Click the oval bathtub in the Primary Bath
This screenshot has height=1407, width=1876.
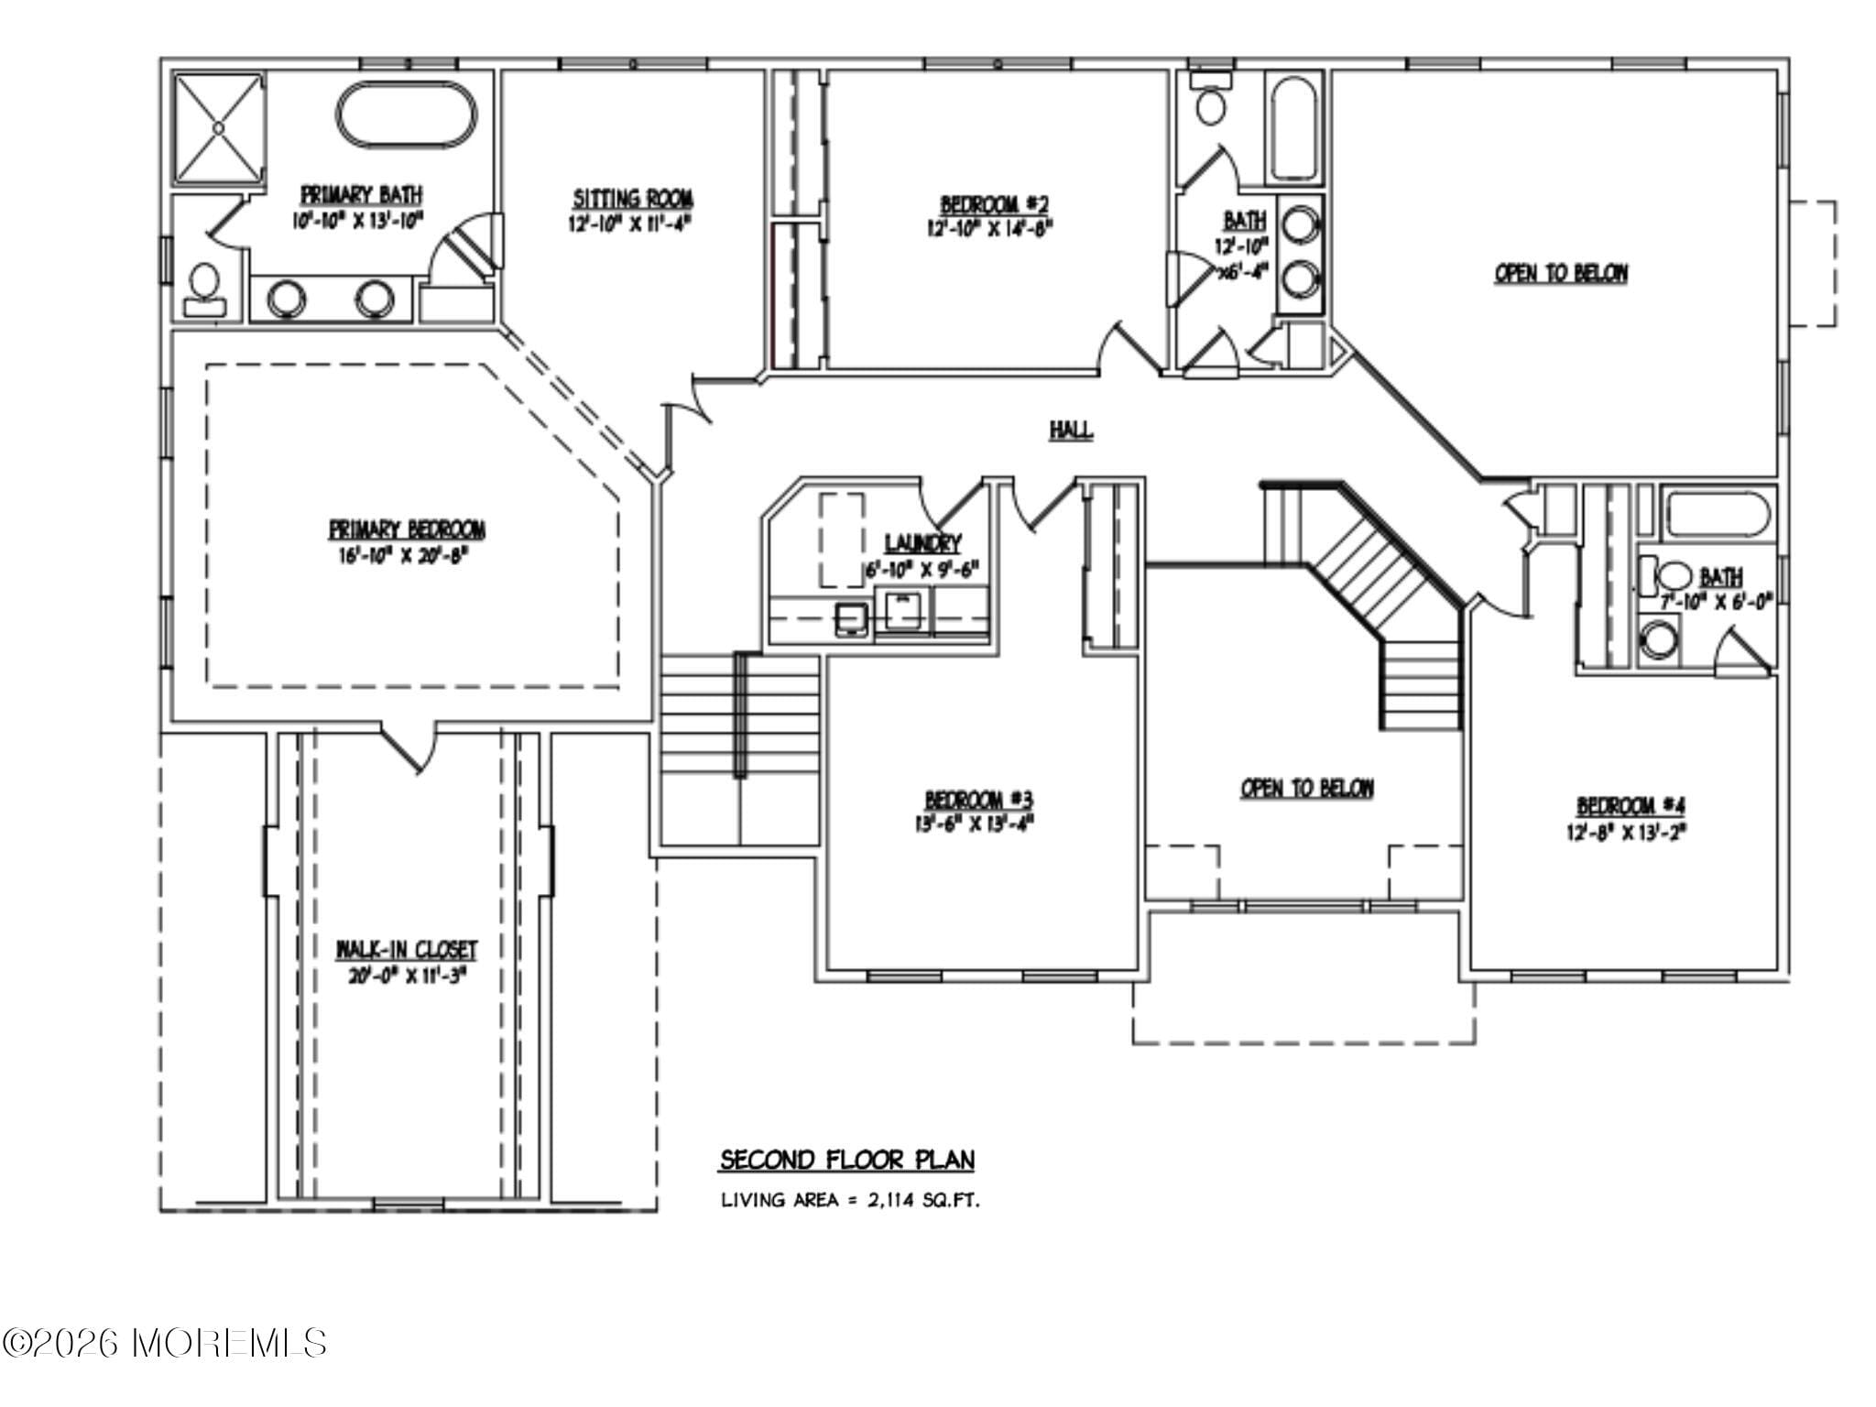click(x=408, y=115)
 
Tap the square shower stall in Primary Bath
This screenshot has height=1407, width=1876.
click(x=220, y=129)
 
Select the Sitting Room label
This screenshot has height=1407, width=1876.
click(x=633, y=199)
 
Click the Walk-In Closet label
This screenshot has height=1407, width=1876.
click(x=407, y=949)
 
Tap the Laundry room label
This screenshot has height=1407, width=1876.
click(x=922, y=542)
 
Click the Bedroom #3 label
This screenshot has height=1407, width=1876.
click(x=978, y=798)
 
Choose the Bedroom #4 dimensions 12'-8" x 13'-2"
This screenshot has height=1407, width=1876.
click(x=1631, y=832)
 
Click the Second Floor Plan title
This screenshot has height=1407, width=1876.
click(x=846, y=1160)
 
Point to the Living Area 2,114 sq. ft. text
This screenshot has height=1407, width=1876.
click(x=850, y=1200)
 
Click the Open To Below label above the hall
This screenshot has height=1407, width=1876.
click(x=1561, y=273)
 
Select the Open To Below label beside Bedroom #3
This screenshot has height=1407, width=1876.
click(x=1306, y=789)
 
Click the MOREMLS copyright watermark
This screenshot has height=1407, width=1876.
click(x=165, y=1344)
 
